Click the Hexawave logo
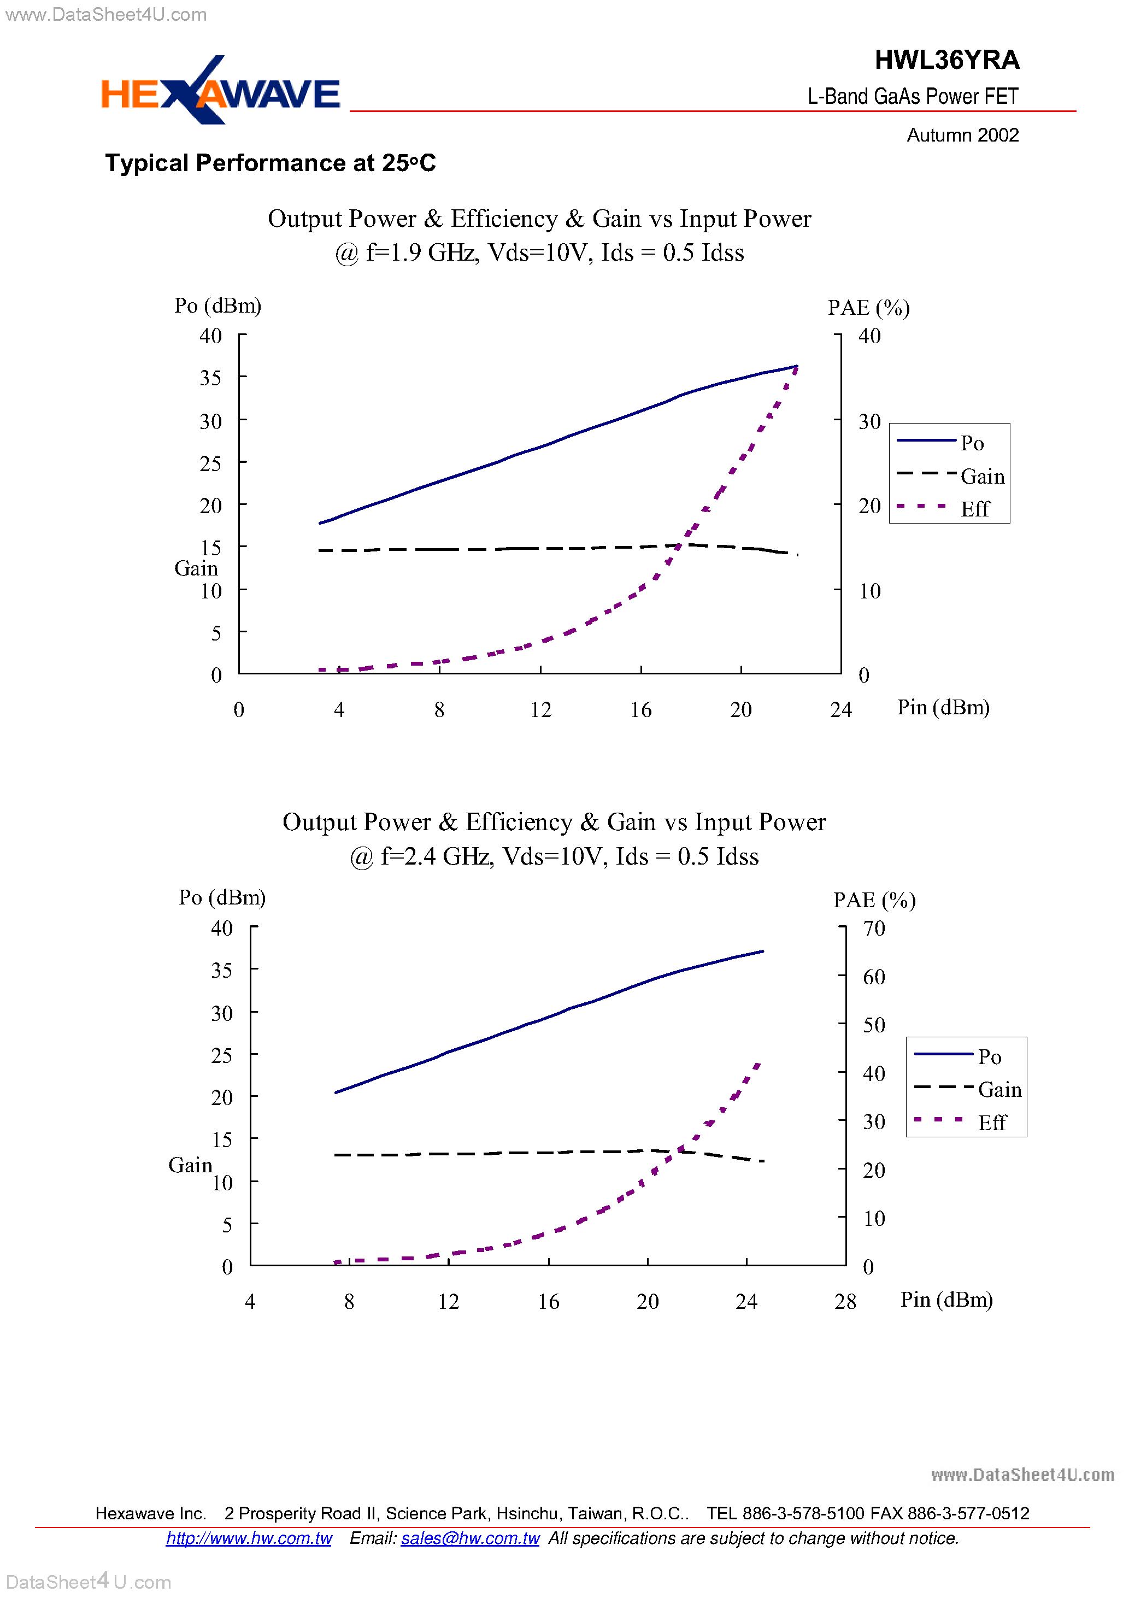click(220, 92)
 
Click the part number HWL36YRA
click(946, 61)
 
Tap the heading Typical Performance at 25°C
click(270, 163)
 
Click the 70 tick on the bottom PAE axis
click(874, 928)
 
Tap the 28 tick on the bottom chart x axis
click(845, 1301)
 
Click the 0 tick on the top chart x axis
click(239, 710)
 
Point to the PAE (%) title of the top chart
click(869, 308)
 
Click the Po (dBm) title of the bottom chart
click(222, 897)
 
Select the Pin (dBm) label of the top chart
click(943, 707)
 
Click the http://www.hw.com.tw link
click(249, 1538)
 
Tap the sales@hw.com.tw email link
click(470, 1538)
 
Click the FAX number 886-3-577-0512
click(968, 1513)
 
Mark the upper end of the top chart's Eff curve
click(796, 367)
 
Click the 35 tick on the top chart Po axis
click(210, 378)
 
